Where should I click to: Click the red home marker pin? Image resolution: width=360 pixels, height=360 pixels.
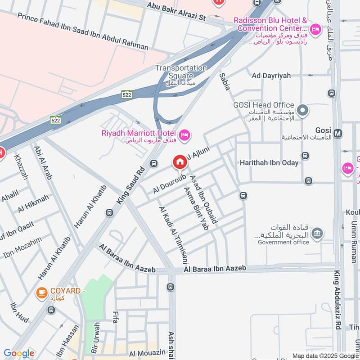180,162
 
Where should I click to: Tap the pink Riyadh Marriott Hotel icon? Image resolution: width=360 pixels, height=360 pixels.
184,135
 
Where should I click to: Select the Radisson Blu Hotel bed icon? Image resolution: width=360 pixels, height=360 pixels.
316,30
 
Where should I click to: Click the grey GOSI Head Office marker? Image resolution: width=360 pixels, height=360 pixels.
303,110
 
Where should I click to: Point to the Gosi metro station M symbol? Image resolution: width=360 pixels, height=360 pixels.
338,133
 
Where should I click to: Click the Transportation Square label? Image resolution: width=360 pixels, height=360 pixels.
181,72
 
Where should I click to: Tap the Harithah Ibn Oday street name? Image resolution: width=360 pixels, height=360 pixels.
269,162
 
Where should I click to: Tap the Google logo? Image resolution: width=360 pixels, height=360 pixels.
19,353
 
